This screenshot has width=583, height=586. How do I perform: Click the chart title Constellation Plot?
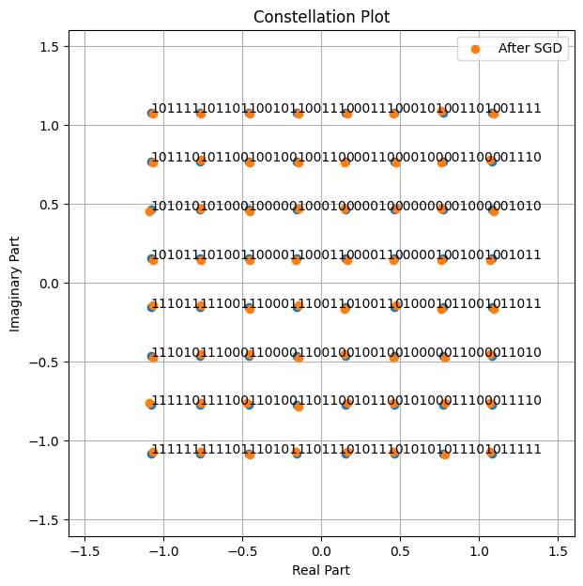point(321,18)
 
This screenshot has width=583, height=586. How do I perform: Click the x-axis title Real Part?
point(321,569)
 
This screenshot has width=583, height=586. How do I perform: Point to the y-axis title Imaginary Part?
point(16,283)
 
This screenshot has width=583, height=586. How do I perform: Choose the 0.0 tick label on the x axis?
point(321,548)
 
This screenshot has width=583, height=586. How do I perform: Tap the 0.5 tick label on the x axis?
point(401,548)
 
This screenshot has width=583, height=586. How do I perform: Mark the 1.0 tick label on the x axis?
point(480,548)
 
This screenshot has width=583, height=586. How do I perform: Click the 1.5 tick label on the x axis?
point(559,548)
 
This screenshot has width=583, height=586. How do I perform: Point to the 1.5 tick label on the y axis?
point(50,47)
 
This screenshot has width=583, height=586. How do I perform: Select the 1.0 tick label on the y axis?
point(50,126)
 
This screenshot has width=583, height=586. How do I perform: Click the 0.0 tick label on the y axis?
point(50,284)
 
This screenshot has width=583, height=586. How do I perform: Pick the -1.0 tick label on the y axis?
point(46,441)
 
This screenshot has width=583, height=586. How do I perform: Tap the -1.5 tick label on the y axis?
point(46,520)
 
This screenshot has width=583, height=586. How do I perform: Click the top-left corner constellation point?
point(152,114)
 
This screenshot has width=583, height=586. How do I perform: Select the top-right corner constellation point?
point(493,114)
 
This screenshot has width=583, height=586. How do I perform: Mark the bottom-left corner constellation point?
point(152,453)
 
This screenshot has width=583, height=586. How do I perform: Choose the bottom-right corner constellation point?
point(492,453)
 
